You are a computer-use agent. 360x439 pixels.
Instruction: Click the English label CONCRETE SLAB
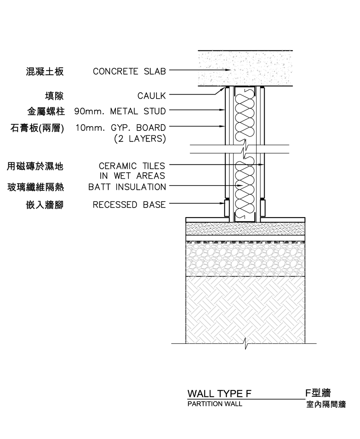coord(129,71)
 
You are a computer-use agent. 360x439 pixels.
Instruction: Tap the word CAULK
coord(151,96)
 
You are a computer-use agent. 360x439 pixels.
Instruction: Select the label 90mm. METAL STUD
coord(120,111)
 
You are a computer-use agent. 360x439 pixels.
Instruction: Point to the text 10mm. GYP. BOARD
coord(121,128)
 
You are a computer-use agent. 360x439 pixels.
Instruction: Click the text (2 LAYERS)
coord(140,138)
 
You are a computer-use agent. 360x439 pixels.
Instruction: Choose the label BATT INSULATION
coord(127,187)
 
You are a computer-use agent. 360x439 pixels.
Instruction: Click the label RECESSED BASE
coord(129,205)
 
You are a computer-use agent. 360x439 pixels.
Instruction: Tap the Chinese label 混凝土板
coord(45,72)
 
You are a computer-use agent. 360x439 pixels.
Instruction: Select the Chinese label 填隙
coord(54,96)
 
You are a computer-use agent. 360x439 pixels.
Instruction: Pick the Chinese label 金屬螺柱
coord(46,112)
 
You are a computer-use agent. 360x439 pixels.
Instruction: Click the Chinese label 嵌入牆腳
coord(45,205)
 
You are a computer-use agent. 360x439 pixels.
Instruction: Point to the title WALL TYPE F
coord(220,394)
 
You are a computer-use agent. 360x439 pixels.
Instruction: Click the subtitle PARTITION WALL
coord(215,404)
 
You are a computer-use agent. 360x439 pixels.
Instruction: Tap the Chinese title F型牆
coord(318,393)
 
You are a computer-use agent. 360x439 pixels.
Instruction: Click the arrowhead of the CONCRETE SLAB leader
coord(229,70)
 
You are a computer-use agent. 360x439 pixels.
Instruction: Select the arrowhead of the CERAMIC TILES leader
coord(261,164)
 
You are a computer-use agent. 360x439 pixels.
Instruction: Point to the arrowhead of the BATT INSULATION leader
coord(240,186)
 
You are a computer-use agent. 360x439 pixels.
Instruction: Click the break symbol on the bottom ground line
coord(246,344)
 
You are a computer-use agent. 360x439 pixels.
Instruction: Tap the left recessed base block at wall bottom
coord(227,208)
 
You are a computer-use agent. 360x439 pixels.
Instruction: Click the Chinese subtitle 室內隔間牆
coord(326,404)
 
